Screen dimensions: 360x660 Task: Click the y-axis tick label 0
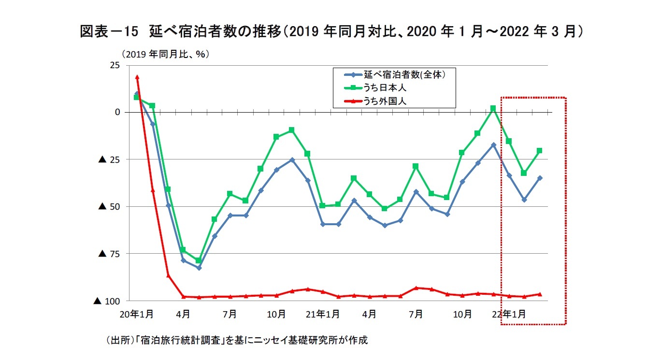pos(116,112)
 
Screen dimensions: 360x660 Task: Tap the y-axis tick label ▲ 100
pos(107,301)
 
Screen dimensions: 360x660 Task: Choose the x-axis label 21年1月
pos(323,314)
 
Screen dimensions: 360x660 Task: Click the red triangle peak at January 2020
pos(137,77)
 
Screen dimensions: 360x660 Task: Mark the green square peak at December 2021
pos(493,109)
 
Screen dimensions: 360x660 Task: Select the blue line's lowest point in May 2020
pos(199,268)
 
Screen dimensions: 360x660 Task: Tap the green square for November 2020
pos(292,130)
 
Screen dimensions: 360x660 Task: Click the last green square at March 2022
pos(539,151)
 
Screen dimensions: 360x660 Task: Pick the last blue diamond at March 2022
pos(539,178)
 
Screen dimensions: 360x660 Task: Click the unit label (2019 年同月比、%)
pos(165,54)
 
